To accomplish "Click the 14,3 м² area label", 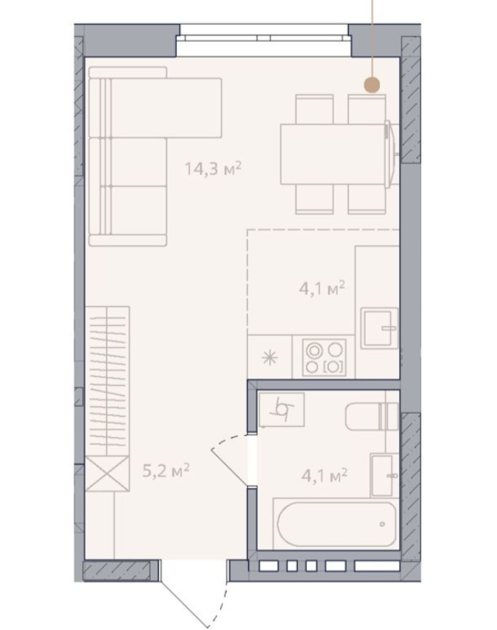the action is pos(212,168).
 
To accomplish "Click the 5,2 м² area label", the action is pos(166,470).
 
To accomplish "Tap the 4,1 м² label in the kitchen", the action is pos(322,287).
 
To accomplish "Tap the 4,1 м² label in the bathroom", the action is pos(325,476).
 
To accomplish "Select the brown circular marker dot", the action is pos(372,84).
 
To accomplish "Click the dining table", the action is pos(334,154).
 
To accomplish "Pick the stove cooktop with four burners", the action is pos(324,357).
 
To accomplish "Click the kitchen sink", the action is pos(379,328).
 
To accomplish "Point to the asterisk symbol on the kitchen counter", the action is pos(269,357).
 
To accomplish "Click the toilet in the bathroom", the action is pos(372,417).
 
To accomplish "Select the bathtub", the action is pos(337,524).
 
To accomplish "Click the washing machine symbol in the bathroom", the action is pos(281,409).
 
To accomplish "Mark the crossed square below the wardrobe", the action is pos(107,473).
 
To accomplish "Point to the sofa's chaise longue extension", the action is pos(166,108).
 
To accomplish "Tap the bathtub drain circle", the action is pos(382,524).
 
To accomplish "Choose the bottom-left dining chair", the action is pos(315,199).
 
